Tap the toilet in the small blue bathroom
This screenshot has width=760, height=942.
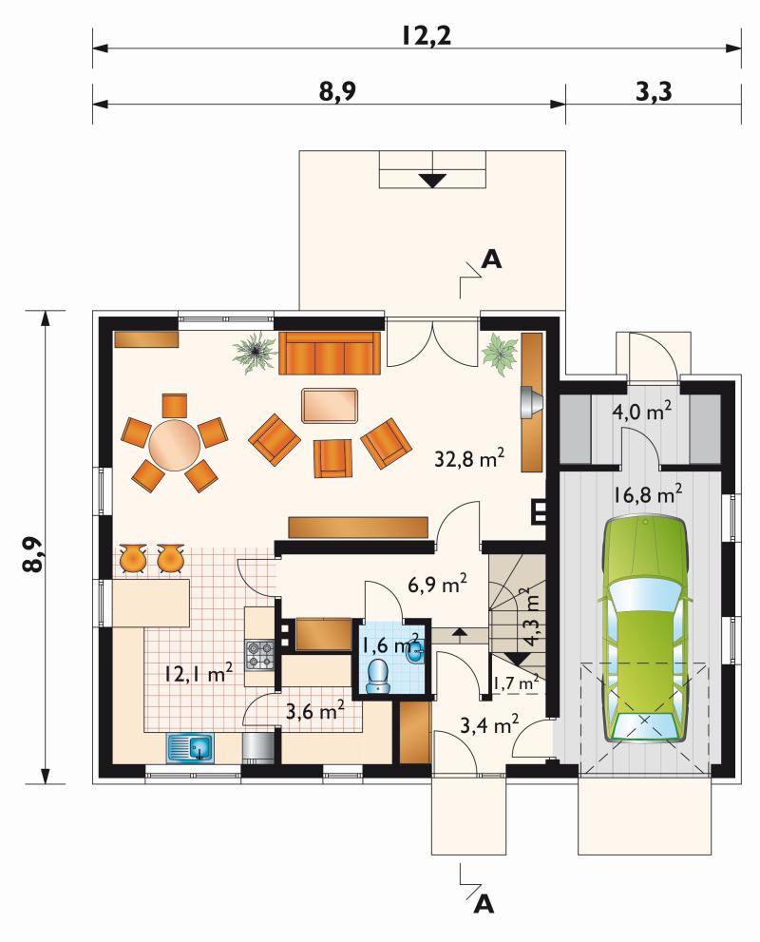[377, 677]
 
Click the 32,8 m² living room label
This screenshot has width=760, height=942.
[469, 459]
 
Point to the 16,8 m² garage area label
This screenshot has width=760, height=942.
[648, 495]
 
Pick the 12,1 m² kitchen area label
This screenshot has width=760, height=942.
[199, 673]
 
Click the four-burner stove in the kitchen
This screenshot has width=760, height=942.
[259, 655]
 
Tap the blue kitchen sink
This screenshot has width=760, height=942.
[190, 748]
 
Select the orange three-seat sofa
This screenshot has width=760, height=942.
[330, 353]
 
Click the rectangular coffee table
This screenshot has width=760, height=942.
[331, 406]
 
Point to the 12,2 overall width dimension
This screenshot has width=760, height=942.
[427, 36]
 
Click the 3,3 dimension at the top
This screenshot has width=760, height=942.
[654, 92]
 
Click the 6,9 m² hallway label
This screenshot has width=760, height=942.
[438, 584]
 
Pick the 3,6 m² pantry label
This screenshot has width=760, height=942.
[314, 712]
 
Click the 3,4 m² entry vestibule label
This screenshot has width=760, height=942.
[489, 725]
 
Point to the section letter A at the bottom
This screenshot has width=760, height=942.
[484, 903]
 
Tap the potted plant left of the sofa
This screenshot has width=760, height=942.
[256, 352]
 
